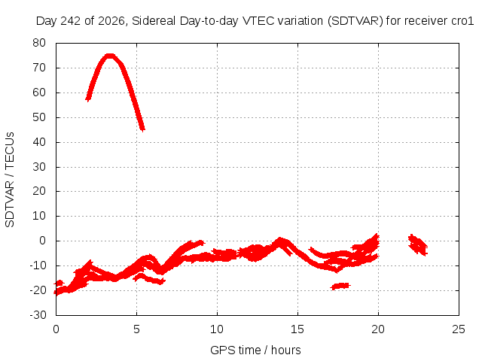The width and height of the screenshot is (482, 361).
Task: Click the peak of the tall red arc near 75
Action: [110, 56]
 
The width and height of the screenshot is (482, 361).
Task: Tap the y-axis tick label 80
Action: [39, 43]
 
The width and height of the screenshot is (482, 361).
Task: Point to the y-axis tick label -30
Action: [38, 315]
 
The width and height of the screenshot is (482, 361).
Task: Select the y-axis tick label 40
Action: [39, 142]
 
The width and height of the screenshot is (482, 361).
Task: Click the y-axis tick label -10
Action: [38, 265]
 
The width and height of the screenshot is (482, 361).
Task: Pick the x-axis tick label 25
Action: [459, 329]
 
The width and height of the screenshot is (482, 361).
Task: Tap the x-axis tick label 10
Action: [217, 329]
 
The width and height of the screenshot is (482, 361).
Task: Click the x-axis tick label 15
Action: [297, 329]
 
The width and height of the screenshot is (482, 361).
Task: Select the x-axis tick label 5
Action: [136, 329]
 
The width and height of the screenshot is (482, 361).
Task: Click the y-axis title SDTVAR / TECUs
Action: [10, 180]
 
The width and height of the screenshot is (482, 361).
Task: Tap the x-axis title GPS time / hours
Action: [255, 350]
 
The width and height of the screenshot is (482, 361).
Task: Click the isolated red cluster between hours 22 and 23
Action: [418, 244]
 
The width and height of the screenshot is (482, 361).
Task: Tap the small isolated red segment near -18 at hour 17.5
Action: [340, 286]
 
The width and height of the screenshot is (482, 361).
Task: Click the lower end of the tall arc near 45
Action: [142, 129]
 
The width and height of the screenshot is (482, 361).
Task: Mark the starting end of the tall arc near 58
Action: [88, 99]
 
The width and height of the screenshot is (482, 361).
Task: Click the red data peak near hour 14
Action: [279, 239]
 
